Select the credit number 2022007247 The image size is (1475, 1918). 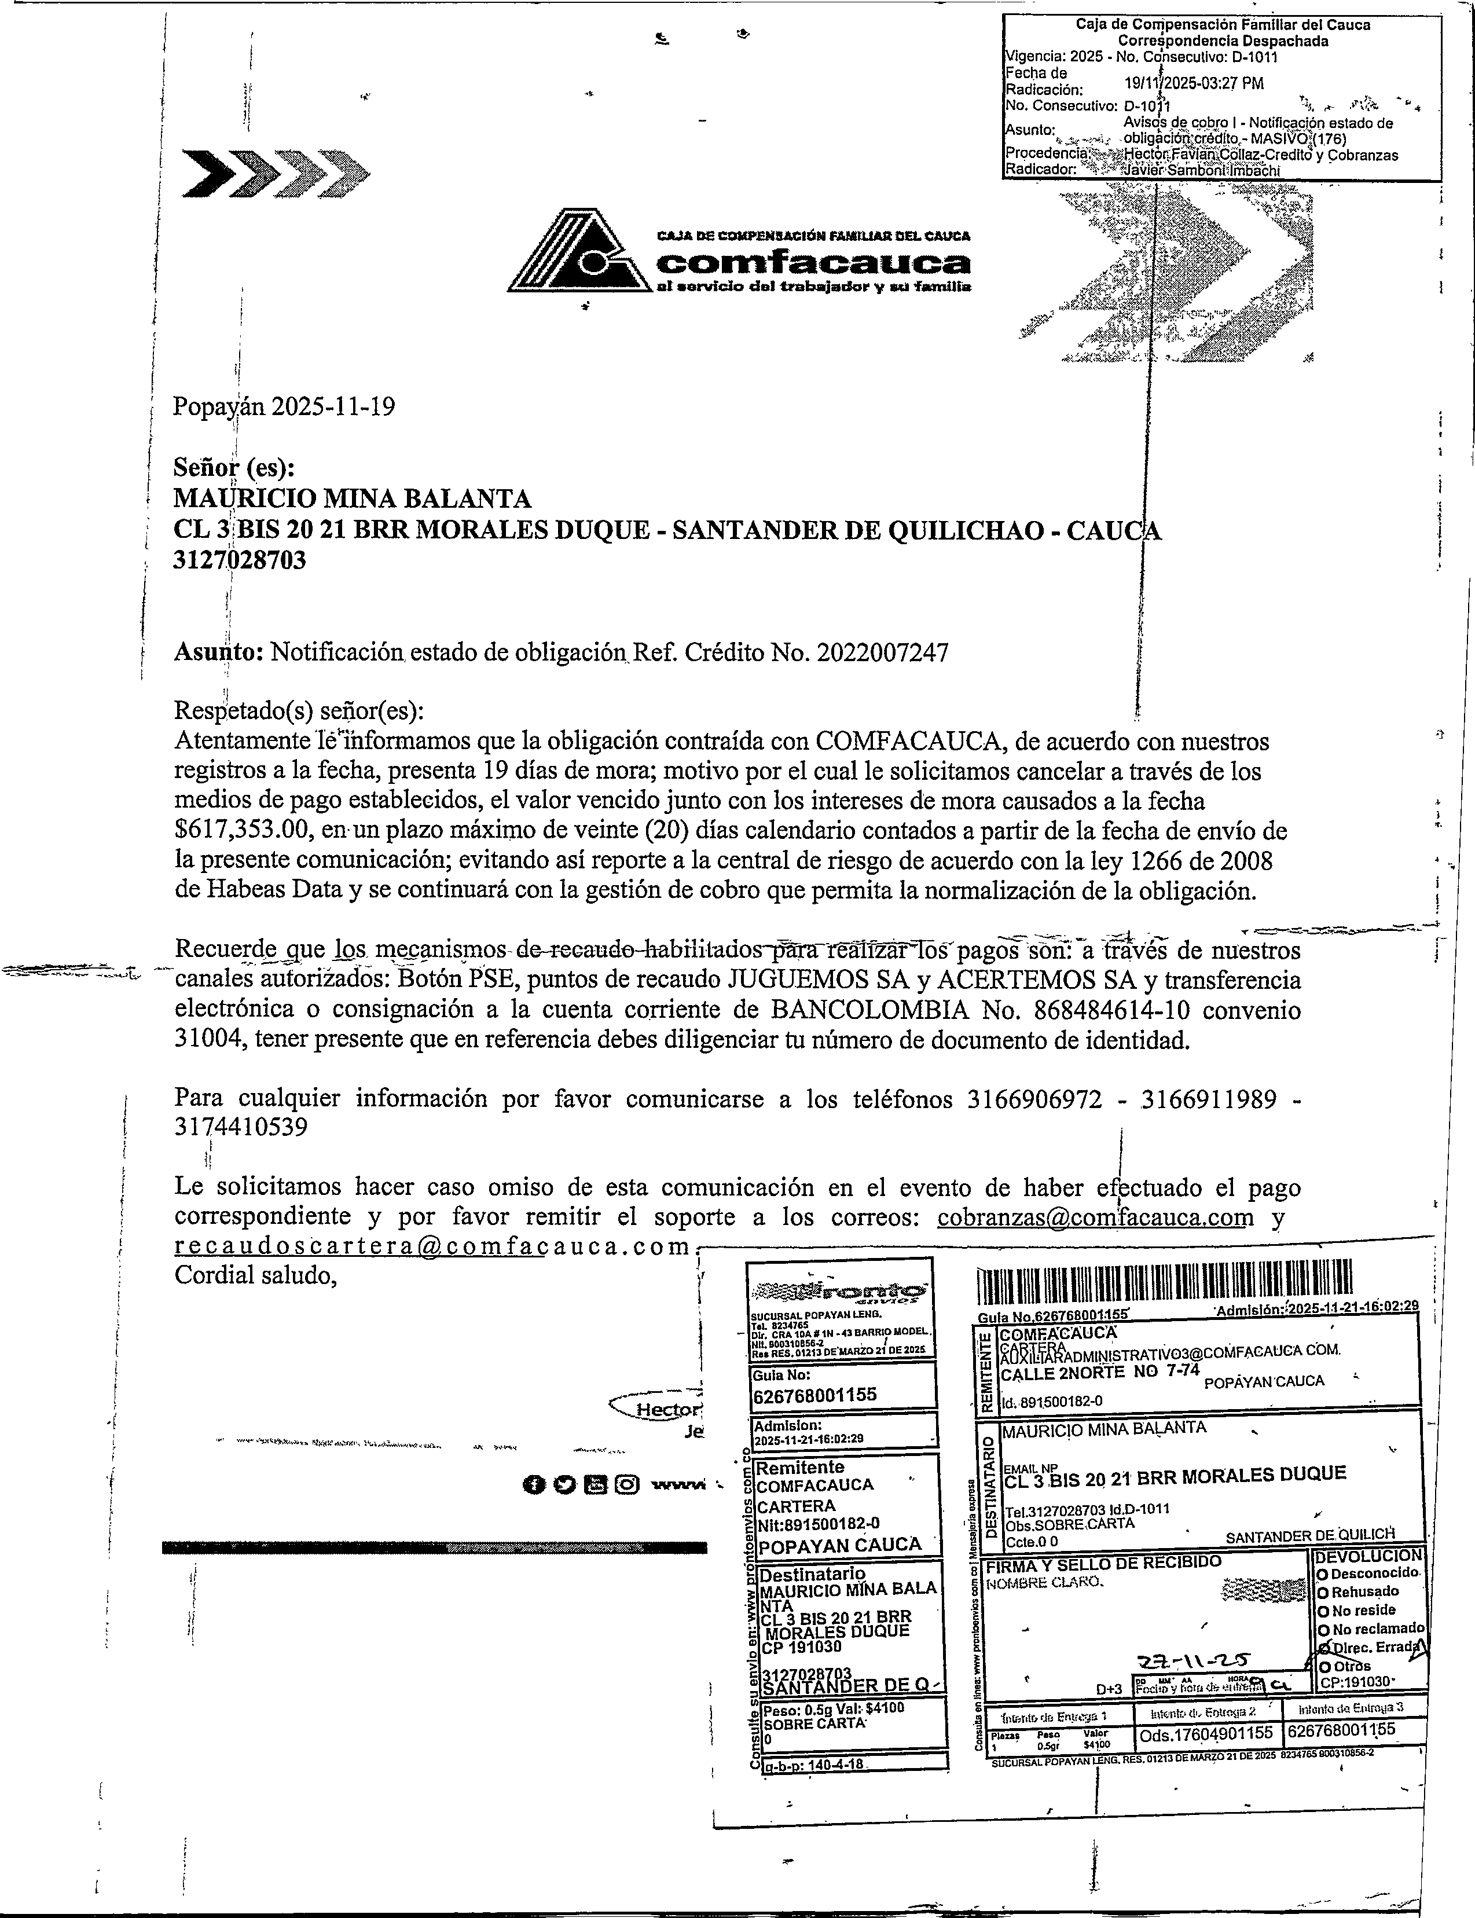tap(882, 653)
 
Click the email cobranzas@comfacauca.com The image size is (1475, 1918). tap(1095, 1217)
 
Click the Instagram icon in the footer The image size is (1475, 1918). tap(627, 1485)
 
